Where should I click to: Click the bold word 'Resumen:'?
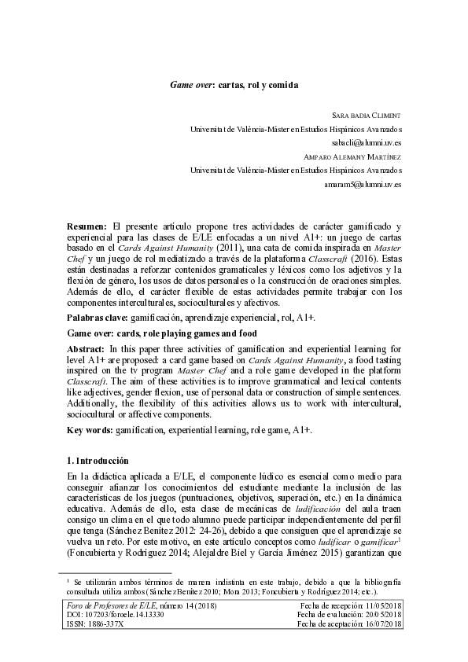[88, 226]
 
